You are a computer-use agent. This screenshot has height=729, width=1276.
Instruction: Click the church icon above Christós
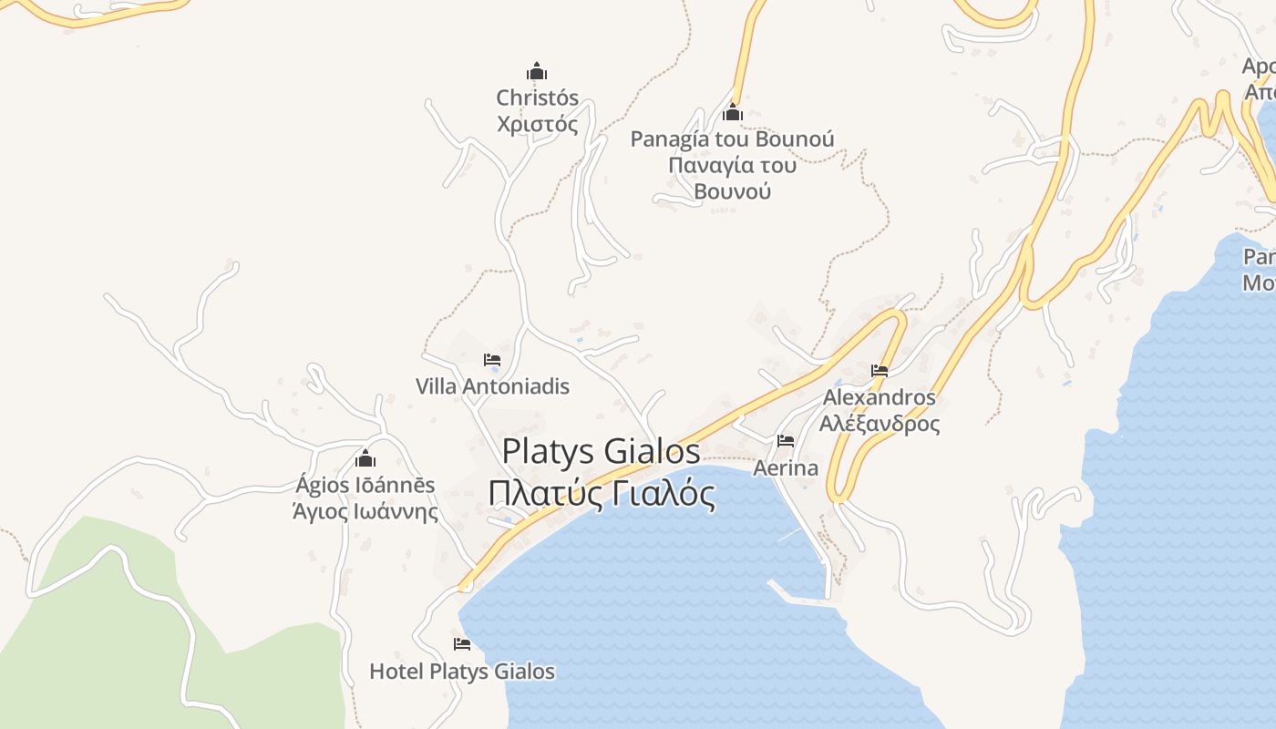(537, 71)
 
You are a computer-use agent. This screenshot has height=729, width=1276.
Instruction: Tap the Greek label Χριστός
(538, 124)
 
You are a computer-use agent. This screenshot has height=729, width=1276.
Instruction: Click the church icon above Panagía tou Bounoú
(732, 113)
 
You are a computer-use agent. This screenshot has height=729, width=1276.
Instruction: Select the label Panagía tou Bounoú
(732, 139)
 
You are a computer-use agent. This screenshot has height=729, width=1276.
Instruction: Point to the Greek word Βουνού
(732, 190)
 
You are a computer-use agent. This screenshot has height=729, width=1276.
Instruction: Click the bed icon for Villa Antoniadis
(492, 360)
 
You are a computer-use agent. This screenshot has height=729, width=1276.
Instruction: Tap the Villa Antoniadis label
(492, 386)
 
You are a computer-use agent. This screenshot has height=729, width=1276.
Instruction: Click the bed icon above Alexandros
(880, 371)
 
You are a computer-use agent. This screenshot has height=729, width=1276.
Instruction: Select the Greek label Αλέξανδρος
(880, 424)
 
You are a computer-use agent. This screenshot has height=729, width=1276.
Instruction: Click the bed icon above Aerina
(786, 441)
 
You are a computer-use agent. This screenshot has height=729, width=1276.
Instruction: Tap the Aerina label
(786, 468)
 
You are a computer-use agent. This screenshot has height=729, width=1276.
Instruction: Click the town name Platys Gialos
(602, 451)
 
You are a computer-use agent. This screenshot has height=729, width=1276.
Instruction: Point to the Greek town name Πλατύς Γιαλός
(602, 494)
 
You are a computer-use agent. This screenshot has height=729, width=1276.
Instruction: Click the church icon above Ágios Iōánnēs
(365, 458)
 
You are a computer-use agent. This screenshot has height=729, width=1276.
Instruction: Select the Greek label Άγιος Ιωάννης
(365, 511)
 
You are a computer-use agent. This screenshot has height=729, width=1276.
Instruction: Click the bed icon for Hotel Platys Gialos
(462, 644)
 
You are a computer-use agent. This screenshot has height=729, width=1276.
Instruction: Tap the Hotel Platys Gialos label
(462, 672)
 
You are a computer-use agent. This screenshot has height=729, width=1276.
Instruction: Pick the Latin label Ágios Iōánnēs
(365, 485)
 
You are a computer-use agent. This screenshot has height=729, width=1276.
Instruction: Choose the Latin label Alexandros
(880, 398)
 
